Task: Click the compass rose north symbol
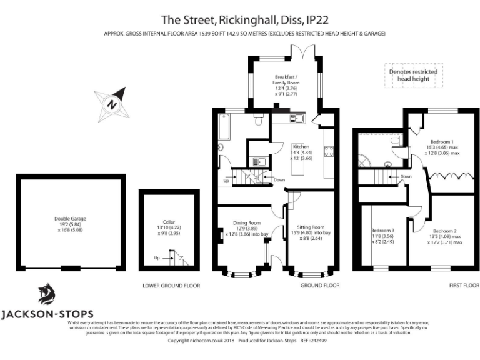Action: click(112, 103)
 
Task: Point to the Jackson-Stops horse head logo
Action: click(46, 293)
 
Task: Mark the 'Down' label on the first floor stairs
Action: click(406, 177)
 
